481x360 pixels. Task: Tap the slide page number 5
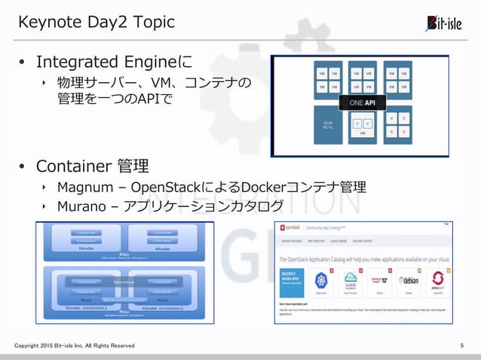coord(461,345)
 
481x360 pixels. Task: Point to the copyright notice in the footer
coord(75,345)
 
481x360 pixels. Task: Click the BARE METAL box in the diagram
coord(327,125)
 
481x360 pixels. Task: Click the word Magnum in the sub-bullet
coord(83,187)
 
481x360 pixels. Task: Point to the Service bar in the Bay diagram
coord(125,282)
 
